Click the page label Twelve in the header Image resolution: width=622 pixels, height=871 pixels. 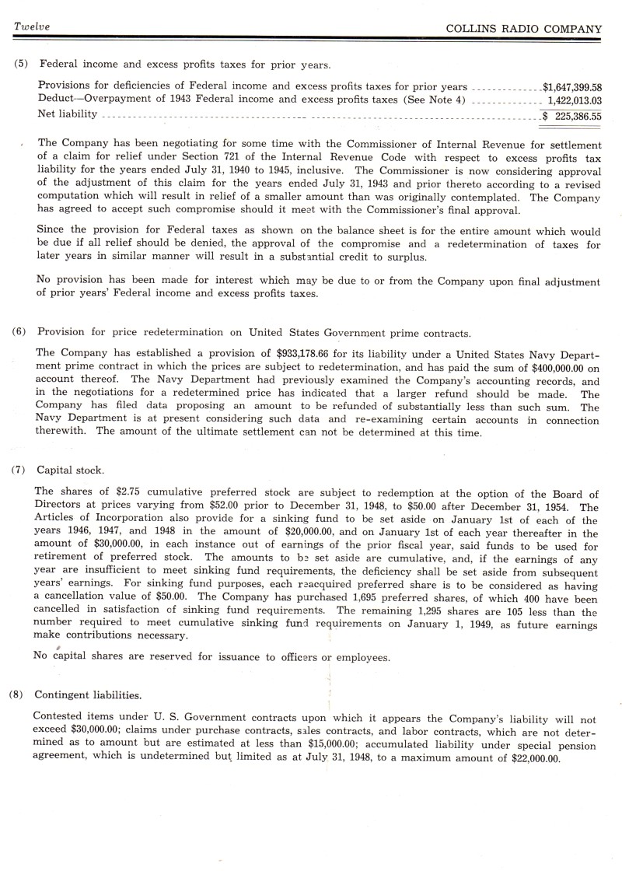pyautogui.click(x=32, y=27)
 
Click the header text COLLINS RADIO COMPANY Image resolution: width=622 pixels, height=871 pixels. pyautogui.click(x=524, y=29)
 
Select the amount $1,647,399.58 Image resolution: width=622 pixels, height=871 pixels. pyautogui.click(x=572, y=88)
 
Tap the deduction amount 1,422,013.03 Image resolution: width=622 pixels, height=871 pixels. pyautogui.click(x=575, y=100)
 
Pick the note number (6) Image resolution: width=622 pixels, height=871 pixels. pyautogui.click(x=21, y=332)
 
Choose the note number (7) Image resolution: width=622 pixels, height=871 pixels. pyautogui.click(x=21, y=470)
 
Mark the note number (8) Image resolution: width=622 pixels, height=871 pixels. pyautogui.click(x=21, y=694)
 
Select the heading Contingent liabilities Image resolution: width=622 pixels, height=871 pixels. pyautogui.click(x=88, y=694)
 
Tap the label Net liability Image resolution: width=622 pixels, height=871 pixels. pyautogui.click(x=68, y=114)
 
